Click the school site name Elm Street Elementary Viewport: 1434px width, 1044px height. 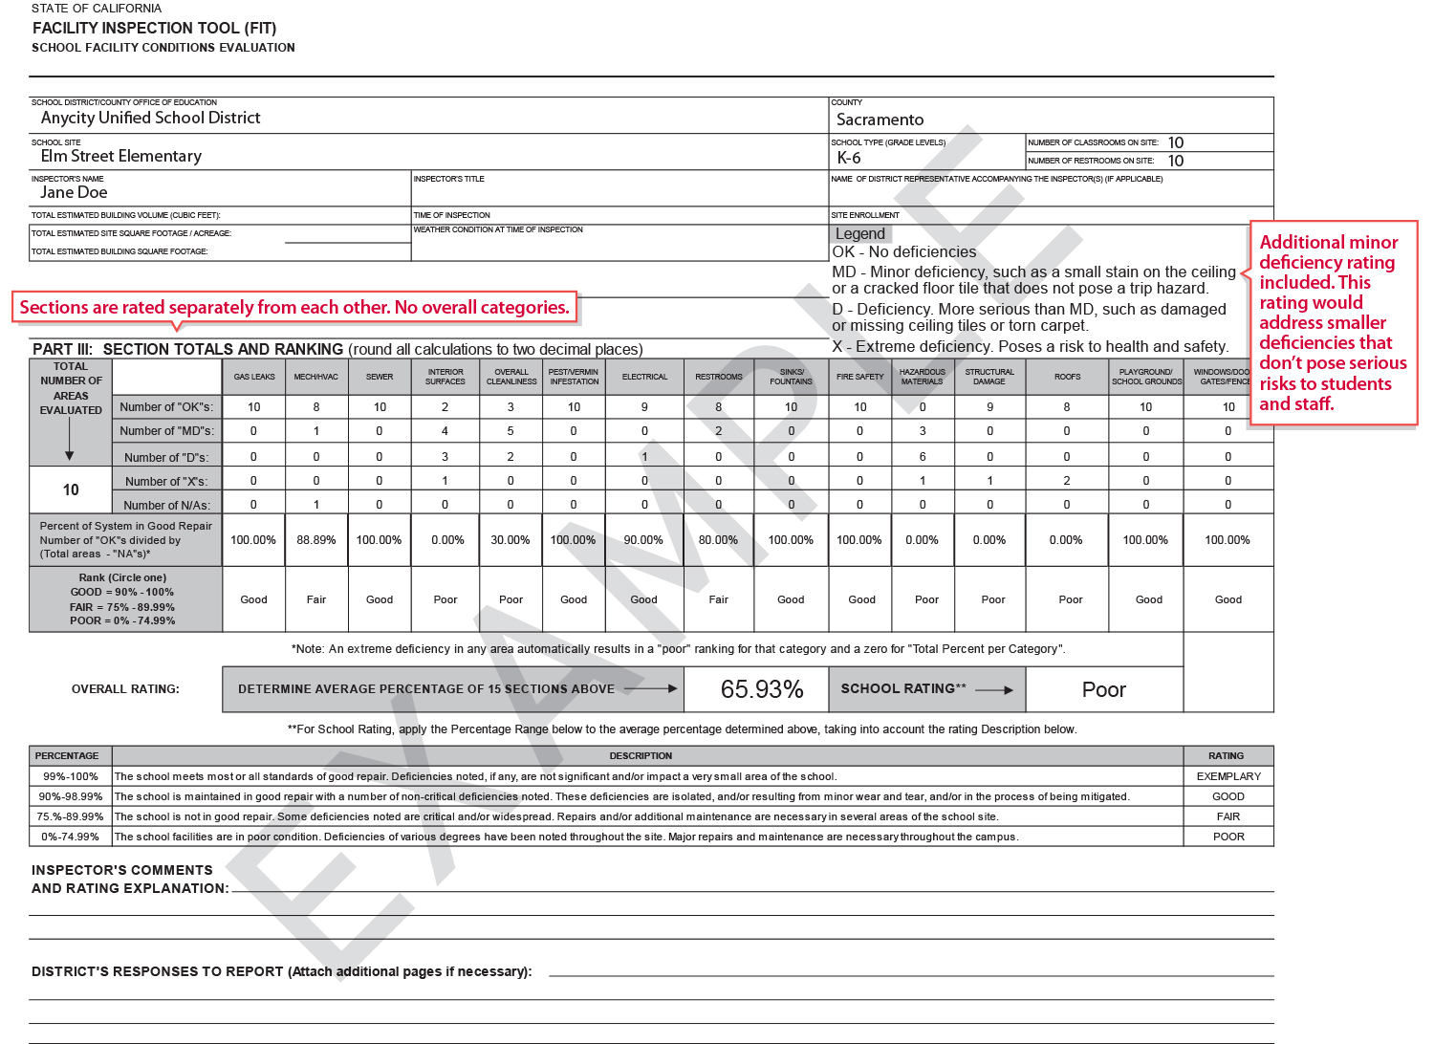click(121, 156)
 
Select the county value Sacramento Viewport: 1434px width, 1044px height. click(880, 120)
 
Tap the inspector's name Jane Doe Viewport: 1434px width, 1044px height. click(74, 192)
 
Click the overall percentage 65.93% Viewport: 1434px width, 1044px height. click(761, 689)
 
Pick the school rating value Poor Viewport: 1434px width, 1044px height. click(1103, 689)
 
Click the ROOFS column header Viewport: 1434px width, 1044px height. click(1067, 377)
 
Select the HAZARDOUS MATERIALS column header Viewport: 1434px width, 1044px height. click(922, 377)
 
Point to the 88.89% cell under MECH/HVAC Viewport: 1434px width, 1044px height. click(315, 540)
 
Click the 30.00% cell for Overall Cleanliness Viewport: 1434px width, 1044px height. click(510, 540)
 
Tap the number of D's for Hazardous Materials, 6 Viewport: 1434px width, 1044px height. click(923, 457)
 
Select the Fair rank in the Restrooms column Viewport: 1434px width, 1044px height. click(718, 599)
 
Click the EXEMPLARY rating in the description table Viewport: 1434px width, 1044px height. click(1228, 776)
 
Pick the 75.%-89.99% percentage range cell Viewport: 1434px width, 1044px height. click(70, 816)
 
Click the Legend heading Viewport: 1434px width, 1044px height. click(860, 233)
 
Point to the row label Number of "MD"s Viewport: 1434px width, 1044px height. click(167, 431)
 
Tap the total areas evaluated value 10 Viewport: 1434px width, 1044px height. click(71, 489)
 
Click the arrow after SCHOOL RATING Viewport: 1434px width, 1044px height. click(994, 689)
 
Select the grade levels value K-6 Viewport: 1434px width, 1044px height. click(849, 158)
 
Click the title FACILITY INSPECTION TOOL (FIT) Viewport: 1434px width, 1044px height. click(154, 28)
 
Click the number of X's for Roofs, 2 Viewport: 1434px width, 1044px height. click(1067, 481)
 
